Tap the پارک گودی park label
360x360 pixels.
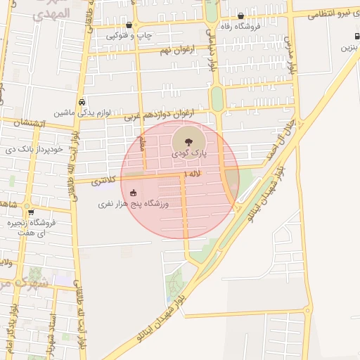pyautogui.click(x=189, y=153)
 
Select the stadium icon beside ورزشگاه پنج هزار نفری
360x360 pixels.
pyautogui.click(x=133, y=193)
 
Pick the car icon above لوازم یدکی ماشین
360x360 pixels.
pyautogui.click(x=82, y=101)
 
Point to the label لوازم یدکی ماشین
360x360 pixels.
pyautogui.click(x=82, y=112)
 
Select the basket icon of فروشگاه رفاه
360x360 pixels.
pyautogui.click(x=240, y=15)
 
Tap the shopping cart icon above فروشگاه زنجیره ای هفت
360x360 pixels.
pyautogui.click(x=31, y=212)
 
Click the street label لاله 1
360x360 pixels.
pyautogui.click(x=191, y=173)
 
